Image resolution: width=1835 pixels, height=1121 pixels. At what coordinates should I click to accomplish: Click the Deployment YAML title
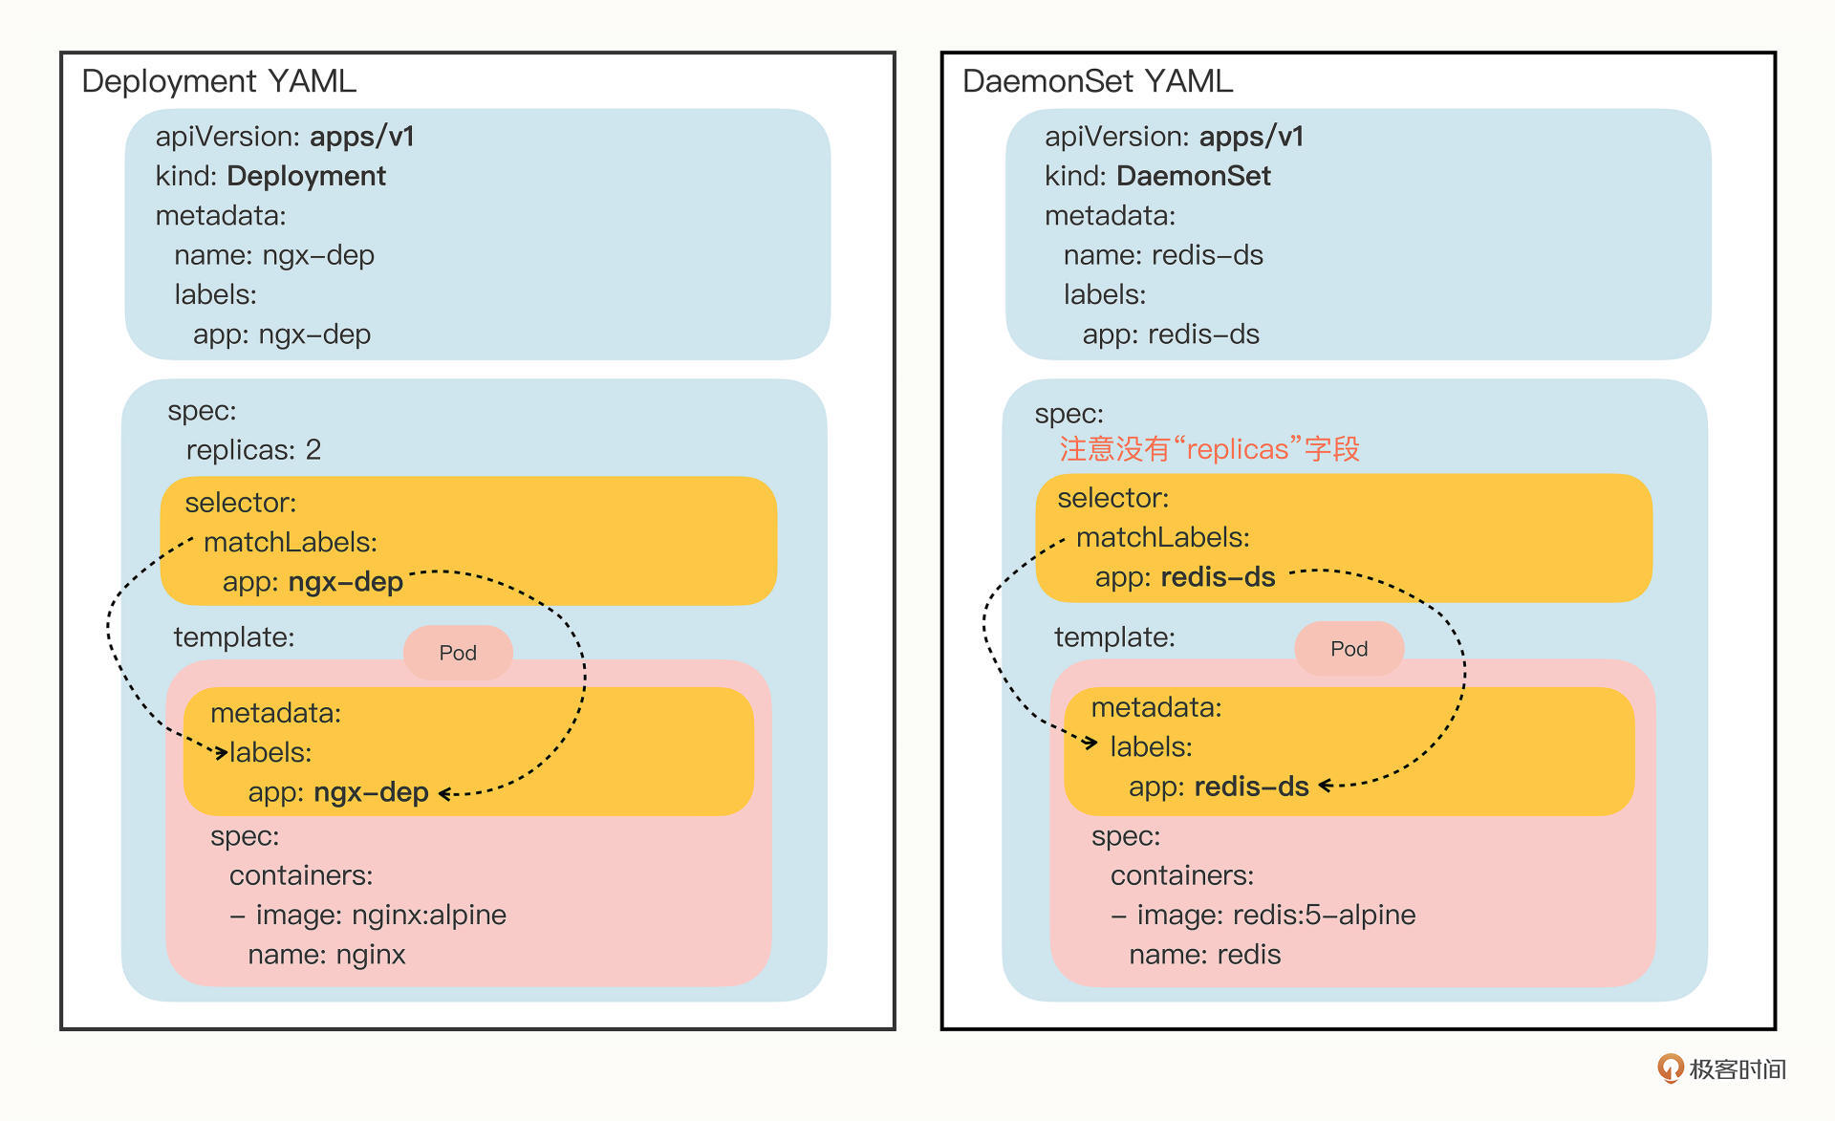pos(219,81)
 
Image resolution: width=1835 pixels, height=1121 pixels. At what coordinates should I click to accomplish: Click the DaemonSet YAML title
pos(1097,81)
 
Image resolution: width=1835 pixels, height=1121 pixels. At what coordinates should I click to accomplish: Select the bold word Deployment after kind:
pos(306,176)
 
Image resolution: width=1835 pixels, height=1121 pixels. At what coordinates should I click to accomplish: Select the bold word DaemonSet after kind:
pos(1193,176)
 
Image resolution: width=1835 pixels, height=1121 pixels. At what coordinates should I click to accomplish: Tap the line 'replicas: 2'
pos(253,449)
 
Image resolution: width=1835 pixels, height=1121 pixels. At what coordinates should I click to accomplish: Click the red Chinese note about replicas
pos(1209,448)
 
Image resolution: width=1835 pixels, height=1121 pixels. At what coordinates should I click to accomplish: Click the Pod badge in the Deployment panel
pos(458,653)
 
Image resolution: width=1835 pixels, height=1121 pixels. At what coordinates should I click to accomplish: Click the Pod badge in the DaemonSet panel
pos(1349,649)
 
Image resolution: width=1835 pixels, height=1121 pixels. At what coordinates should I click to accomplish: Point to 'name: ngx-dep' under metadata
pos(274,255)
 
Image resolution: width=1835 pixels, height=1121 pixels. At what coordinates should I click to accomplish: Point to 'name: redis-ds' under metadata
pos(1163,255)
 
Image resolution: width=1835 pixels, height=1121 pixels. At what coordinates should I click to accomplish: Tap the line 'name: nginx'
pos(327,954)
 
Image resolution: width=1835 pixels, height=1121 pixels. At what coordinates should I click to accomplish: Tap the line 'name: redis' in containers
pos(1204,954)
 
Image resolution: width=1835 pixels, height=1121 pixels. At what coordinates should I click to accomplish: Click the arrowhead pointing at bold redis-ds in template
pos(1326,786)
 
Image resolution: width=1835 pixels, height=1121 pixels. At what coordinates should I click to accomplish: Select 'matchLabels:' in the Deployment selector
pos(291,542)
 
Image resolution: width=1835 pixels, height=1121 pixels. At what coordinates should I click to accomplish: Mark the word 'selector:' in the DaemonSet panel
pos(1112,497)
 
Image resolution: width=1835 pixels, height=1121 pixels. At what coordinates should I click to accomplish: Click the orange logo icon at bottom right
pos(1670,1067)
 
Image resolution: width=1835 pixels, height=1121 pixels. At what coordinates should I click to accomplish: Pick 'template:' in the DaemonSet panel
pos(1114,636)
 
